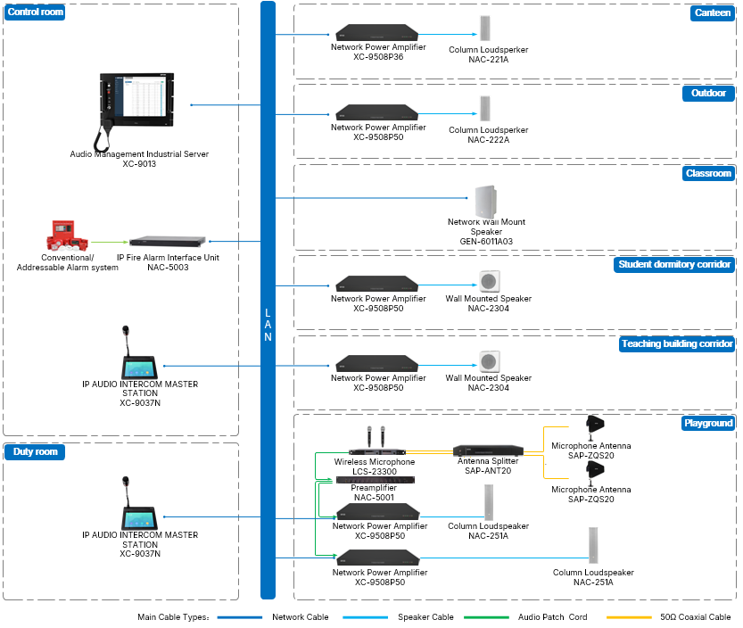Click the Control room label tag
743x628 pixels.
pyautogui.click(x=35, y=12)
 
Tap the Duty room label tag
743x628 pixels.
pyautogui.click(x=35, y=451)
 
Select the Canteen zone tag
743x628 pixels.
pyautogui.click(x=712, y=12)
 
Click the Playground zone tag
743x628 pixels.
pyautogui.click(x=708, y=423)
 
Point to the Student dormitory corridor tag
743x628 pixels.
pyautogui.click(x=674, y=264)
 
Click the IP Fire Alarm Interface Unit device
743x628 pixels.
pyautogui.click(x=168, y=241)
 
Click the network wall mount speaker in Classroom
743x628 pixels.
pyautogui.click(x=486, y=202)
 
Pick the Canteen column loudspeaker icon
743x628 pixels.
pyautogui.click(x=484, y=29)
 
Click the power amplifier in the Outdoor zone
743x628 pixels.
pyautogui.click(x=377, y=112)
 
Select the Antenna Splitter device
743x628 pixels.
pyautogui.click(x=488, y=450)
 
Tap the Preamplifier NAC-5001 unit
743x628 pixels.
pyautogui.click(x=376, y=480)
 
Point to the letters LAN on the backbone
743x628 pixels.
pyautogui.click(x=268, y=325)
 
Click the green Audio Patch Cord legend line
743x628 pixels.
pyautogui.click(x=486, y=617)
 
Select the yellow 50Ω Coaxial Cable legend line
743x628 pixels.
pyautogui.click(x=629, y=617)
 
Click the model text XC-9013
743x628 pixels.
pyautogui.click(x=139, y=164)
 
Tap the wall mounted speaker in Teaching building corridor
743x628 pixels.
pyautogui.click(x=490, y=361)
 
